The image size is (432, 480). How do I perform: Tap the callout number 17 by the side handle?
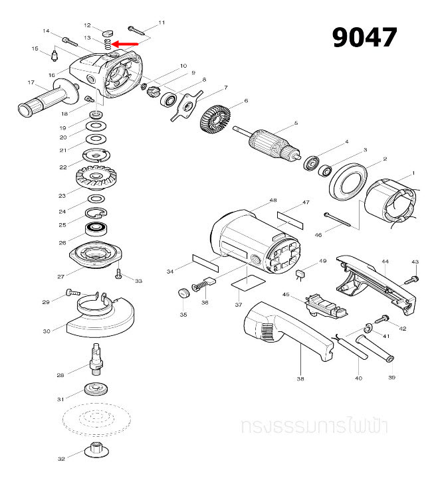[31, 83]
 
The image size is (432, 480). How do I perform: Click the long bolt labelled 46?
[342, 220]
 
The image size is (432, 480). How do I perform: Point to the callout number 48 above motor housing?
[273, 200]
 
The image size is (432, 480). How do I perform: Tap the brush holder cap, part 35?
[181, 293]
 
